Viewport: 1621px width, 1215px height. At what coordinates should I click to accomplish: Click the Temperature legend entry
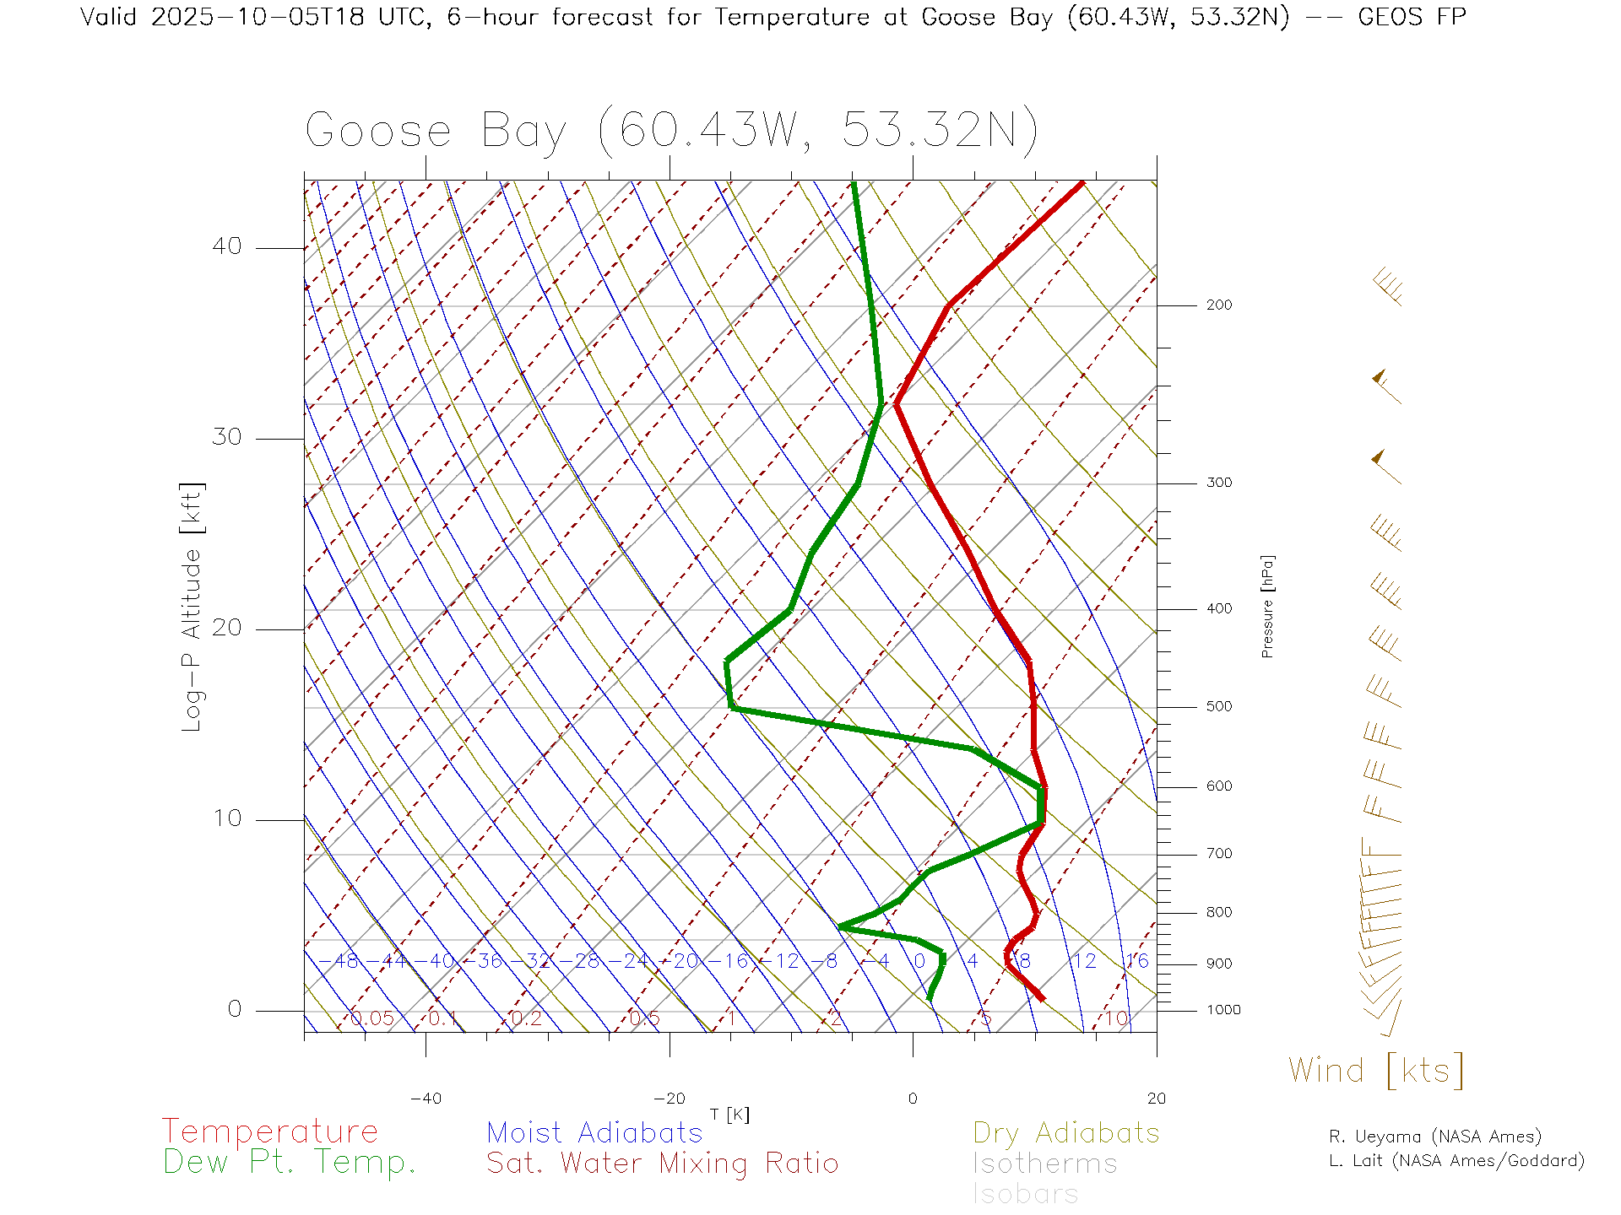(x=269, y=1131)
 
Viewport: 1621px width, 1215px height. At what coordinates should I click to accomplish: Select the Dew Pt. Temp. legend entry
(x=290, y=1163)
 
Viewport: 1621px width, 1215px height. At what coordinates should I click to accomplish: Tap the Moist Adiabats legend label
(x=594, y=1132)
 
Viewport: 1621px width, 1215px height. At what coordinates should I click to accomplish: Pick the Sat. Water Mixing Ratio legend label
(x=662, y=1164)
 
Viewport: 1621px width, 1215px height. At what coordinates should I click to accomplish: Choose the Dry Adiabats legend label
(x=1065, y=1132)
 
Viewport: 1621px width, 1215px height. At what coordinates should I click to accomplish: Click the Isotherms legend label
(x=1044, y=1164)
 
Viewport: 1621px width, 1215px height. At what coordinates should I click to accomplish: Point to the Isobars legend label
(x=1025, y=1194)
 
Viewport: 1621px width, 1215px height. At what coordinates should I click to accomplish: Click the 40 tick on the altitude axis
(x=227, y=246)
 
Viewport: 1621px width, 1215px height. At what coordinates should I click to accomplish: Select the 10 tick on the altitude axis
(x=227, y=818)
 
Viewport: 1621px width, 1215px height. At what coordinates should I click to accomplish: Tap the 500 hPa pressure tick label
(x=1218, y=706)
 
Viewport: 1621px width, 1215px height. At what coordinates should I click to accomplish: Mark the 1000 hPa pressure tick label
(x=1223, y=1010)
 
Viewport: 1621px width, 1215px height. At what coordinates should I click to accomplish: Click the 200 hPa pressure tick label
(x=1218, y=305)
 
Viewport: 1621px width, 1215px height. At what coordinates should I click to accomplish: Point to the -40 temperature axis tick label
(x=426, y=1099)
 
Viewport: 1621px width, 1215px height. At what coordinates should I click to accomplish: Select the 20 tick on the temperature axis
(x=1156, y=1099)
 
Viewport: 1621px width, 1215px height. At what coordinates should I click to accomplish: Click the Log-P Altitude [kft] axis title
(x=192, y=607)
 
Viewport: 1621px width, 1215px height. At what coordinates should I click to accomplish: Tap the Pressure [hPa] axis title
(x=1267, y=606)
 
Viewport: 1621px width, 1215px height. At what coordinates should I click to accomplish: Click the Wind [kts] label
(x=1375, y=1071)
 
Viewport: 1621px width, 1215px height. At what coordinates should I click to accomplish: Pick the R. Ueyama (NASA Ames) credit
(x=1434, y=1137)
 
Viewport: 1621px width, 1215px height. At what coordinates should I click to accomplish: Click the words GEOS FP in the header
(x=1412, y=17)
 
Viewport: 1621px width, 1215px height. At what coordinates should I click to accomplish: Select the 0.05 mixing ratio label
(x=372, y=1018)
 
